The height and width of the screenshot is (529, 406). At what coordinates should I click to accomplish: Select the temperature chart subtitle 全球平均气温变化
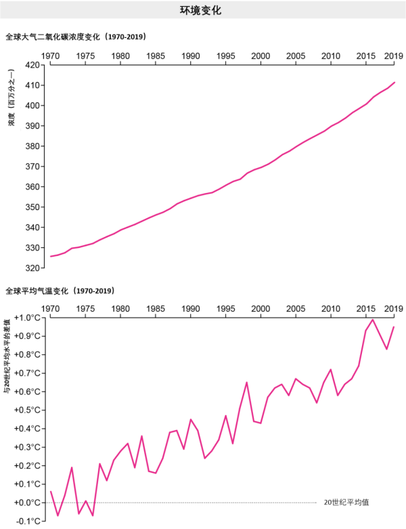(60, 291)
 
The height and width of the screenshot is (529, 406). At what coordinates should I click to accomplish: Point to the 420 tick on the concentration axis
(33, 65)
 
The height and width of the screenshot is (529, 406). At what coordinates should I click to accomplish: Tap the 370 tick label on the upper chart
(33, 167)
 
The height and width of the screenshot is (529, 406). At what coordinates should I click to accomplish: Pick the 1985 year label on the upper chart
(156, 56)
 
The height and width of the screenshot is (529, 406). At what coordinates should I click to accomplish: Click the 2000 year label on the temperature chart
(261, 309)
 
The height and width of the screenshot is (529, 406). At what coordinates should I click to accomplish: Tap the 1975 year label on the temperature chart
(85, 309)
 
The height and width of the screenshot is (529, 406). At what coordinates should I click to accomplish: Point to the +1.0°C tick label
(28, 318)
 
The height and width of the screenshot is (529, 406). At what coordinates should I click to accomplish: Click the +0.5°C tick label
(28, 410)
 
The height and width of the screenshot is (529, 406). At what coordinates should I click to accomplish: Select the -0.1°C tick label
(28, 521)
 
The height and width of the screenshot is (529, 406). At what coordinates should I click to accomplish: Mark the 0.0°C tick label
(28, 503)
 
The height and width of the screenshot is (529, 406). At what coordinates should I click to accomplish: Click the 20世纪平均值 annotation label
(346, 503)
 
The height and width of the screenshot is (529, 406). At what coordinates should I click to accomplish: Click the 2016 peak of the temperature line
(373, 319)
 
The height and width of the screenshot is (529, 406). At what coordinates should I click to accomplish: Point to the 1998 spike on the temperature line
(246, 382)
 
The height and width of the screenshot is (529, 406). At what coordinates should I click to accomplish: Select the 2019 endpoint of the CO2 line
(394, 83)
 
